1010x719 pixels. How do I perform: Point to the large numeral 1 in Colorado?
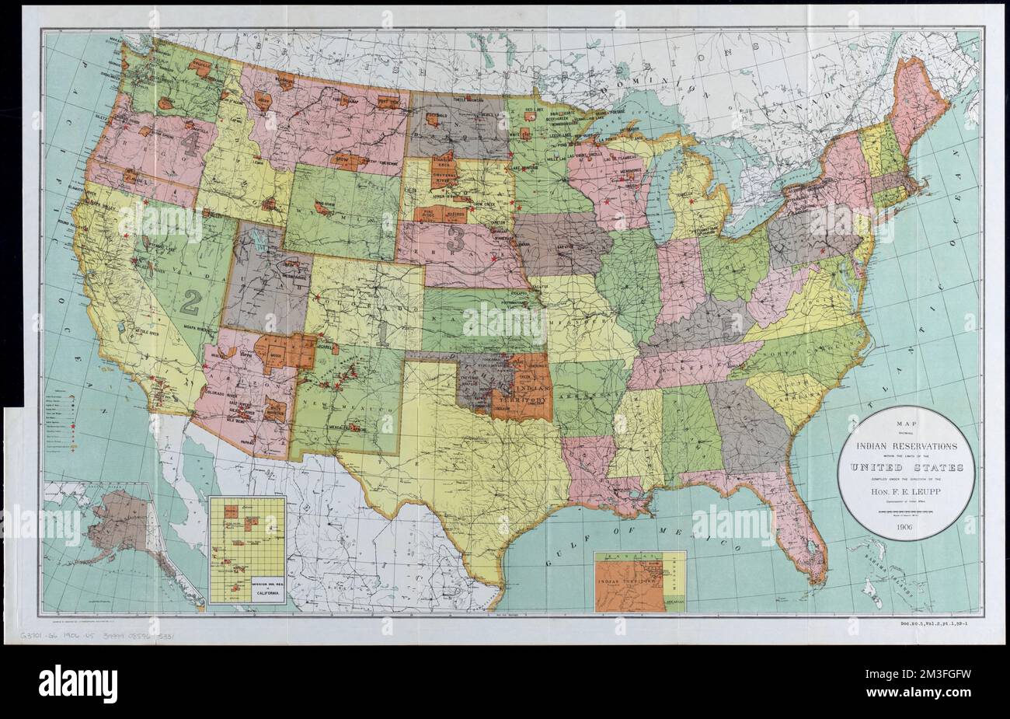coord(386,333)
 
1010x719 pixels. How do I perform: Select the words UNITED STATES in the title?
coord(906,467)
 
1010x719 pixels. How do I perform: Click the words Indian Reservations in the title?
coord(905,446)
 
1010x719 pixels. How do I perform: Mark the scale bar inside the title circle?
coord(905,512)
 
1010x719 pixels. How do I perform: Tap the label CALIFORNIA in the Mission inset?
coord(247,591)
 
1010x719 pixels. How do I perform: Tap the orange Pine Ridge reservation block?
coord(428,215)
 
